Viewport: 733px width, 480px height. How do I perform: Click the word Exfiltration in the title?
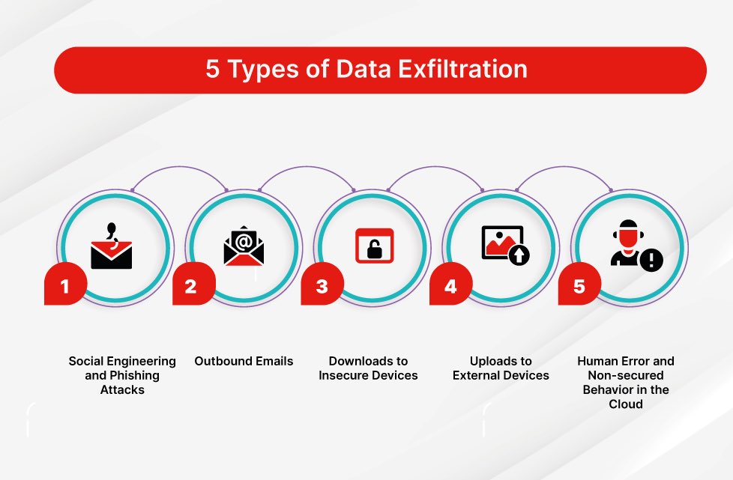(x=464, y=70)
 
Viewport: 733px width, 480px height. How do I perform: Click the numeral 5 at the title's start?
(x=212, y=70)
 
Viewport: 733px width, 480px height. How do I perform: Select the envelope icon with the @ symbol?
(x=244, y=249)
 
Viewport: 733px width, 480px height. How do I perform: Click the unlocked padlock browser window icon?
(x=374, y=246)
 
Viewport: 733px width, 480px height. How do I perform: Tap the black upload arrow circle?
(x=519, y=255)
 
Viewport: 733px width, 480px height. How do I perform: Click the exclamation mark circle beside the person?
(x=651, y=260)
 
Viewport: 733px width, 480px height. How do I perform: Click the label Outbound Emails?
(x=244, y=361)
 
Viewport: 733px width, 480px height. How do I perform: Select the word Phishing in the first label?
(x=112, y=375)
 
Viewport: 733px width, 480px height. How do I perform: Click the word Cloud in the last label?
(x=626, y=404)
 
